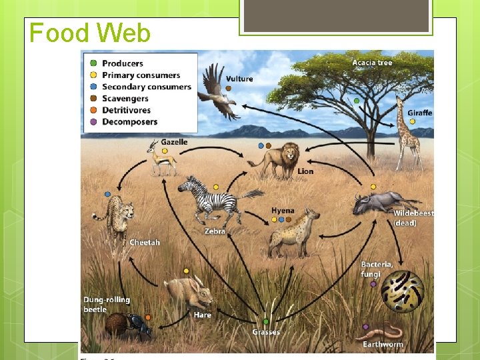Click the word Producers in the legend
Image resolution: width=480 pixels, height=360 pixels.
pos(122,63)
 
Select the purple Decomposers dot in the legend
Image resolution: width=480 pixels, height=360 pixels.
pos(93,122)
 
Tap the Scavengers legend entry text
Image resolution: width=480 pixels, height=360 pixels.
pos(125,99)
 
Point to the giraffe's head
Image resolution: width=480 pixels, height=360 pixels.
pos(401,102)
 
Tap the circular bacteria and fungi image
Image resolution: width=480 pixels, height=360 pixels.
pos(402,292)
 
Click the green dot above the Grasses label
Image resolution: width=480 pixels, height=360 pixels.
pos(265,321)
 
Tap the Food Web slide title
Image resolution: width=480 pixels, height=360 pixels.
pos(90,33)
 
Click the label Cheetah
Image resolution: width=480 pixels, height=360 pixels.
pos(145,242)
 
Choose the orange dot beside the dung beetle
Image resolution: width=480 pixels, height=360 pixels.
pos(148,317)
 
